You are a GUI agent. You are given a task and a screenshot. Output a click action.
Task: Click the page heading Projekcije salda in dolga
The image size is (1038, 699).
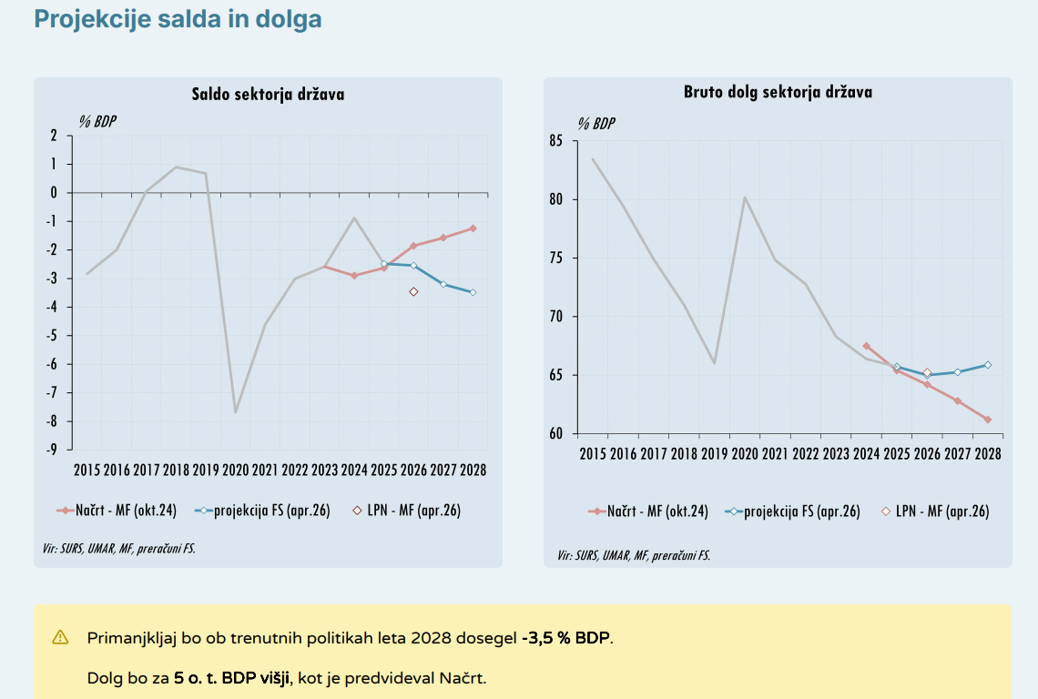178,19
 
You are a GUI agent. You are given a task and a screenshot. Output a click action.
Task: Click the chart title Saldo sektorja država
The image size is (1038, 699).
268,94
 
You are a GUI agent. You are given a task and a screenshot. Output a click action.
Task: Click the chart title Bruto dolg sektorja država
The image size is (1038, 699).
778,92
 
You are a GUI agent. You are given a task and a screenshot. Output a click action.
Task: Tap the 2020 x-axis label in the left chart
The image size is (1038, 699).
235,471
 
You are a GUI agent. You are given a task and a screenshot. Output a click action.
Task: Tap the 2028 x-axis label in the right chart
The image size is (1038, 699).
987,453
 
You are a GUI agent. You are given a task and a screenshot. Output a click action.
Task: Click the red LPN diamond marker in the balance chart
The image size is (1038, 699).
413,291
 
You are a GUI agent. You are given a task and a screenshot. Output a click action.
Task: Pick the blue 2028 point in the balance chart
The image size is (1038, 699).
473,292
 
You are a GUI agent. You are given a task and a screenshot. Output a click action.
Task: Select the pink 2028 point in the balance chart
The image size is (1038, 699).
473,228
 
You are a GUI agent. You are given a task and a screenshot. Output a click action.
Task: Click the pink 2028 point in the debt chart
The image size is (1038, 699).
987,420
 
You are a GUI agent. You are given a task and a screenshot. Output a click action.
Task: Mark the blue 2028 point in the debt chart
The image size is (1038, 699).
987,365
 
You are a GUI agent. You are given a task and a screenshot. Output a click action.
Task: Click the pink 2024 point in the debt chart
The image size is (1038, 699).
866,346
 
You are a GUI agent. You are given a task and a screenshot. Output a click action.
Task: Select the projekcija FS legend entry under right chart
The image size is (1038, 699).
791,512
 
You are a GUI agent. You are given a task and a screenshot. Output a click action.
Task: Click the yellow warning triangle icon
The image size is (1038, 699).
60,637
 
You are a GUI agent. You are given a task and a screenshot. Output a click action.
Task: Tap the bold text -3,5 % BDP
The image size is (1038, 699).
566,637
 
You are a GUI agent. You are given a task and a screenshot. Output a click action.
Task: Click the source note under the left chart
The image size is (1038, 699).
118,548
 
